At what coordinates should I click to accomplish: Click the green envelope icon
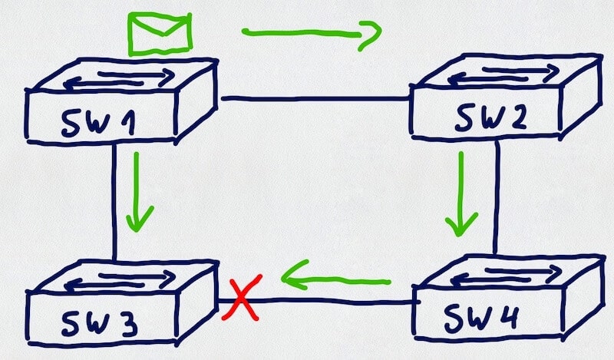(x=160, y=35)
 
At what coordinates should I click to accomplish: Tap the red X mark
(x=241, y=298)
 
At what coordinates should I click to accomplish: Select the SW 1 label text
(x=99, y=124)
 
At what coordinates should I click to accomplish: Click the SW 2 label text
(x=490, y=117)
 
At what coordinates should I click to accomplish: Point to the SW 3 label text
(x=100, y=323)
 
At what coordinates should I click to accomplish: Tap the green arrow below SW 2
(x=461, y=194)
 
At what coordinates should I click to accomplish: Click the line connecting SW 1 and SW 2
(x=315, y=99)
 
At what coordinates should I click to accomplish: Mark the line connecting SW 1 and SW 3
(x=114, y=202)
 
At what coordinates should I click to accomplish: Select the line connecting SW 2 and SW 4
(x=497, y=197)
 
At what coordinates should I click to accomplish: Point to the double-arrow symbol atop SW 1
(x=120, y=78)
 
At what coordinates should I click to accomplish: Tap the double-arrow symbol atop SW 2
(x=504, y=75)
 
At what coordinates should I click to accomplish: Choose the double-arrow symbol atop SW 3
(x=120, y=280)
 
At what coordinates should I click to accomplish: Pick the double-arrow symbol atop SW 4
(x=507, y=276)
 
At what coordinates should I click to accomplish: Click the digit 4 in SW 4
(x=507, y=316)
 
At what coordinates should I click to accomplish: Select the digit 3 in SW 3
(x=126, y=324)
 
